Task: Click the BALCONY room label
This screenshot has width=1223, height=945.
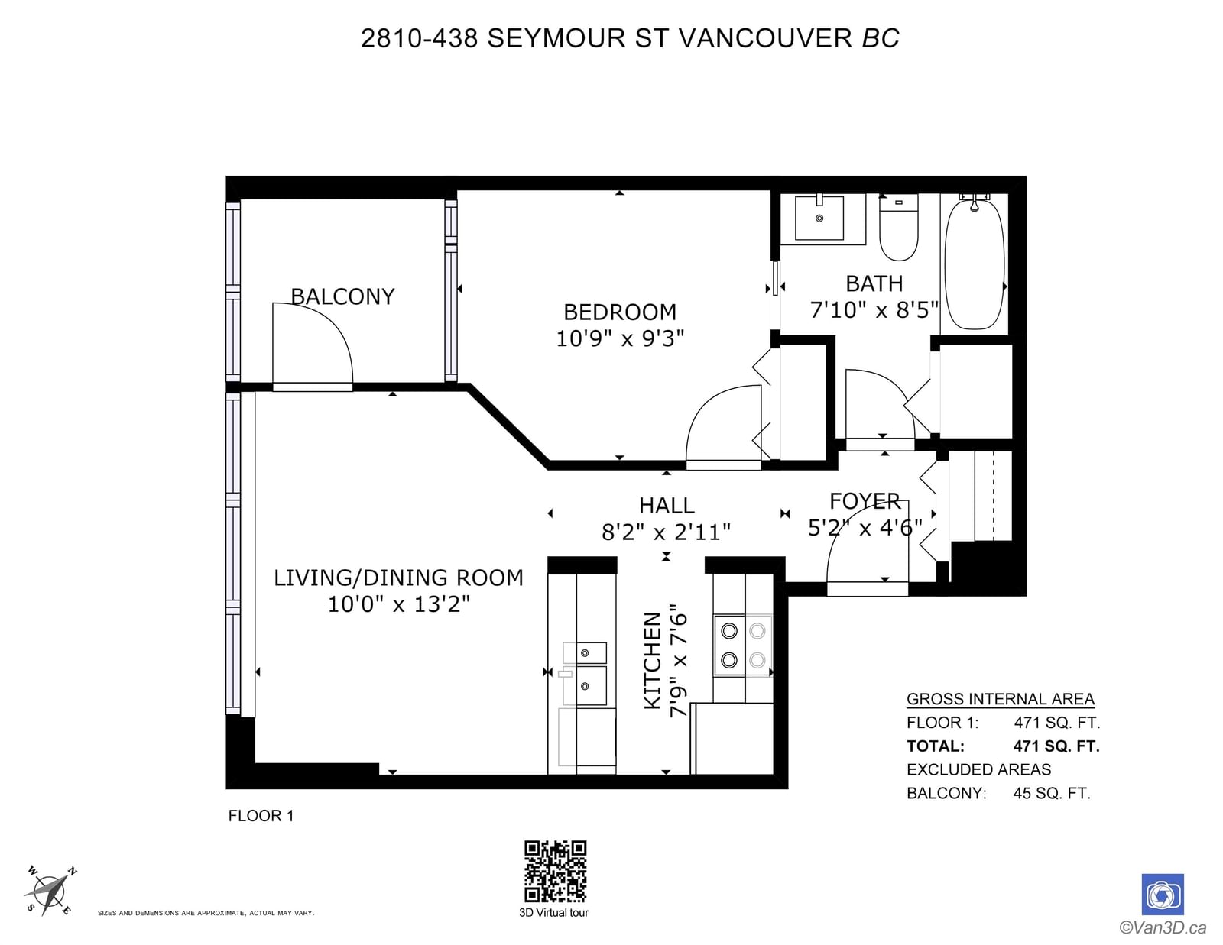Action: tap(342, 296)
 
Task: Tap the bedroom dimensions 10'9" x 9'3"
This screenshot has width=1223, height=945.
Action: tap(620, 338)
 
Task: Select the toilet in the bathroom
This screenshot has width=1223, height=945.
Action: tap(898, 227)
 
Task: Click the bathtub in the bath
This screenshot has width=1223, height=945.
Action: tap(975, 264)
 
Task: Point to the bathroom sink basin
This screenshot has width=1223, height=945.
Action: tap(819, 218)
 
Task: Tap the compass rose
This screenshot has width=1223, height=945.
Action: tap(50, 892)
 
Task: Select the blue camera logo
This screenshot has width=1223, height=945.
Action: tap(1162, 895)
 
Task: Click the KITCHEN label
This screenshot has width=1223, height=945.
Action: tap(652, 660)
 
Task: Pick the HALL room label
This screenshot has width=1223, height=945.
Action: tap(667, 506)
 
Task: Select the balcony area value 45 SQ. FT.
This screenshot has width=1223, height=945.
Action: tap(1052, 793)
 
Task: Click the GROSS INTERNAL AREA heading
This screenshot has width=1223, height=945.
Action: tap(1000, 699)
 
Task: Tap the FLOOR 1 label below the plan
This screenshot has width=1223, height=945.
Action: tap(261, 816)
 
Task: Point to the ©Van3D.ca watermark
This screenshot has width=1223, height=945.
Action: tap(1163, 927)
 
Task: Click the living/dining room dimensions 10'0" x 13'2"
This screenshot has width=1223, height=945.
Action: tap(398, 604)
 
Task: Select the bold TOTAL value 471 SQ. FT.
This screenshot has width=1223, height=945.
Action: tap(1056, 746)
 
